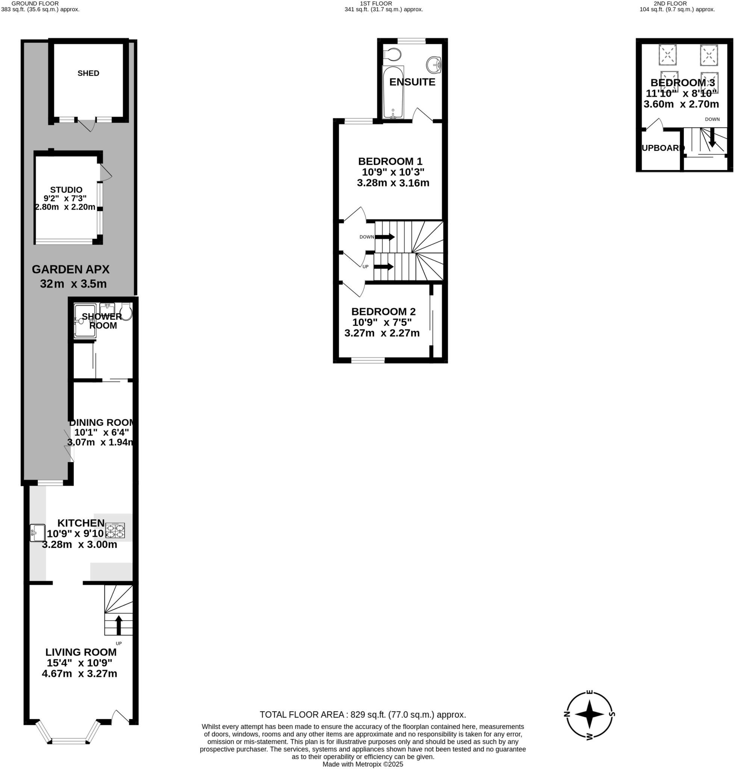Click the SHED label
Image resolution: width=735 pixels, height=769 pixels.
click(88, 73)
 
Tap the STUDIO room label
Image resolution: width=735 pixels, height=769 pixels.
click(66, 190)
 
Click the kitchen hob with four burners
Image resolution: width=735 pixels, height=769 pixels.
click(115, 530)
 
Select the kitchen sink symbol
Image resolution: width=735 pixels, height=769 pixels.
click(38, 532)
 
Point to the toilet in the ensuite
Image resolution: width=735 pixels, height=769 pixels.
click(392, 54)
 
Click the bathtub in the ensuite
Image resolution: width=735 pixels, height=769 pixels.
click(393, 92)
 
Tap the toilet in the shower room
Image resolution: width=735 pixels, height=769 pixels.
click(126, 312)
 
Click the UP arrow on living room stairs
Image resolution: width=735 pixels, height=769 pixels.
click(118, 623)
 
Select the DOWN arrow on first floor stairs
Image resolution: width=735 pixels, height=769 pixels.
click(386, 237)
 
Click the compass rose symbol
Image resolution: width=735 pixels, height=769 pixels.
click(589, 714)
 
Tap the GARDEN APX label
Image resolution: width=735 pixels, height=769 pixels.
click(71, 269)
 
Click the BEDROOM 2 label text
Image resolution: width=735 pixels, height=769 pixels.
click(383, 312)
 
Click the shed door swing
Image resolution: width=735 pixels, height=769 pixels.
click(86, 125)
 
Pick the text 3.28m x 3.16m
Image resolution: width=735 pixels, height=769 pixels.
click(393, 183)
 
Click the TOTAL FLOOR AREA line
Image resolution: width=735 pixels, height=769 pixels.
click(363, 715)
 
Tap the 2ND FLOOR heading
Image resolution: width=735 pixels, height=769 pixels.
click(676, 3)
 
